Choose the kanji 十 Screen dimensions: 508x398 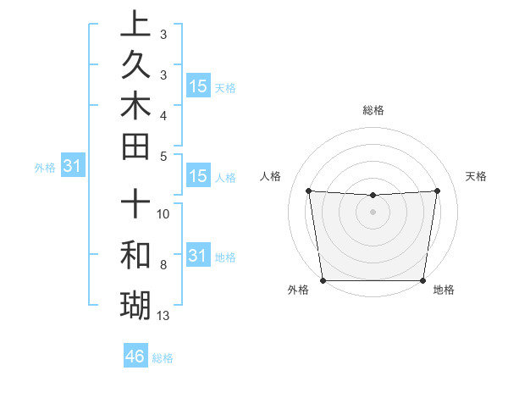(135, 205)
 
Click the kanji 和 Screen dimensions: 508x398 (135, 255)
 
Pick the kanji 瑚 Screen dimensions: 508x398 (135, 302)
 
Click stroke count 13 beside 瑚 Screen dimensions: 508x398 (163, 316)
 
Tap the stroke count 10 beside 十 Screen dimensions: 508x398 (163, 213)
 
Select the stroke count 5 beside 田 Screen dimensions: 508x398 (163, 156)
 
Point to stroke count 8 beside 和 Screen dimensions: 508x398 (163, 265)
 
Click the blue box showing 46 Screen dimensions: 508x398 (135, 357)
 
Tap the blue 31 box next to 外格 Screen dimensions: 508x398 (73, 167)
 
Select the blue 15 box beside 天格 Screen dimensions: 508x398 (198, 86)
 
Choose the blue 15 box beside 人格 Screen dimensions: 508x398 (198, 177)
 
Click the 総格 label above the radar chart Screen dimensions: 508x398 (373, 110)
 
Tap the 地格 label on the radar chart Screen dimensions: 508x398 (444, 290)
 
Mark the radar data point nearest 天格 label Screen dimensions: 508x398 (437, 191)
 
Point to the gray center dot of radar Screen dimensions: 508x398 (373, 212)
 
